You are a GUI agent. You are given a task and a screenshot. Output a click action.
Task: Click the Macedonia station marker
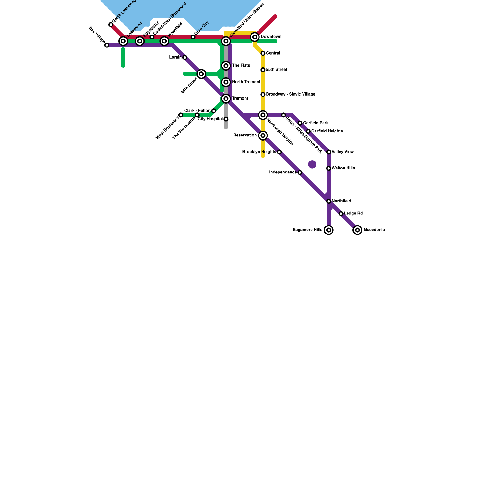[x=357, y=230]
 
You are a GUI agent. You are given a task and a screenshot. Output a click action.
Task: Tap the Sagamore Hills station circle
[x=329, y=230]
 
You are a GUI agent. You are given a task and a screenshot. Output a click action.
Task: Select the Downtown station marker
[x=255, y=37]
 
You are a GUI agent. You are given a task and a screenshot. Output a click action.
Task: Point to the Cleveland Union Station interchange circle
[x=226, y=41]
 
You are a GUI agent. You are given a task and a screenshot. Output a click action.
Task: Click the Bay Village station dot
[x=107, y=45]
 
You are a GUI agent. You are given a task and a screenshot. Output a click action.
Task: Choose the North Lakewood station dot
[x=111, y=25]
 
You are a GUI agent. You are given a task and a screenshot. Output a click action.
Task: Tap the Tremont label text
[x=240, y=99]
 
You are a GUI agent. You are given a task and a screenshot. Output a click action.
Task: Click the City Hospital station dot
[x=226, y=119]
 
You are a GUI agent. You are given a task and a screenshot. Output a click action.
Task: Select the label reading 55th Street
[x=276, y=70]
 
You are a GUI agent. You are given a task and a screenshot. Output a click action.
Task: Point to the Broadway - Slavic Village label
[x=290, y=94]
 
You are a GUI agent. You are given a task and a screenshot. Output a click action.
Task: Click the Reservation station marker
[x=263, y=136]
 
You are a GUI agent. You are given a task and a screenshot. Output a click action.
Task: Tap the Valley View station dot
[x=329, y=152]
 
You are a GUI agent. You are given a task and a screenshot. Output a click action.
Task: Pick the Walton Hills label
[x=343, y=168]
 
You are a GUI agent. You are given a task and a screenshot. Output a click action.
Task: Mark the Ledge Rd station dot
[x=341, y=214]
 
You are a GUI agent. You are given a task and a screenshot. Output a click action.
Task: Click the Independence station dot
[x=300, y=173]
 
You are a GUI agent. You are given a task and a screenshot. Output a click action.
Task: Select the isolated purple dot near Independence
[x=312, y=165]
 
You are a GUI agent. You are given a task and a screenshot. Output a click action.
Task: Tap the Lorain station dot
[x=185, y=58]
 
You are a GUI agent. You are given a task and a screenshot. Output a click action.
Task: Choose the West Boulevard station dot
[x=181, y=115]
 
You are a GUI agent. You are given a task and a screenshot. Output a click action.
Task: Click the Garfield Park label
[x=316, y=123]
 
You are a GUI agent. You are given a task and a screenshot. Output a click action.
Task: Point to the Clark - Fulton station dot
[x=214, y=111]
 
